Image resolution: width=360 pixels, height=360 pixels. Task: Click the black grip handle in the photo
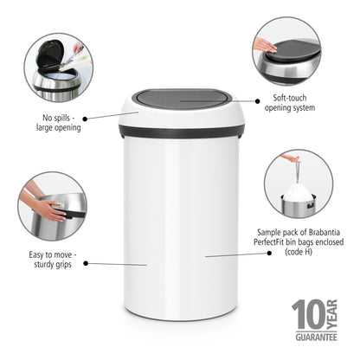tap(58, 209)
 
